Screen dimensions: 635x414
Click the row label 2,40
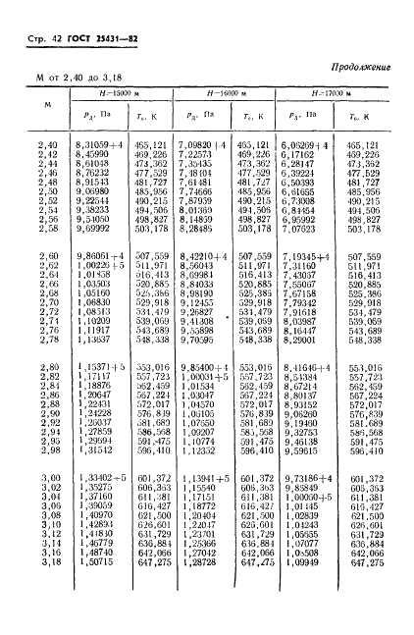[46, 145]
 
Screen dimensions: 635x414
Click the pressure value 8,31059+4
[99, 145]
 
